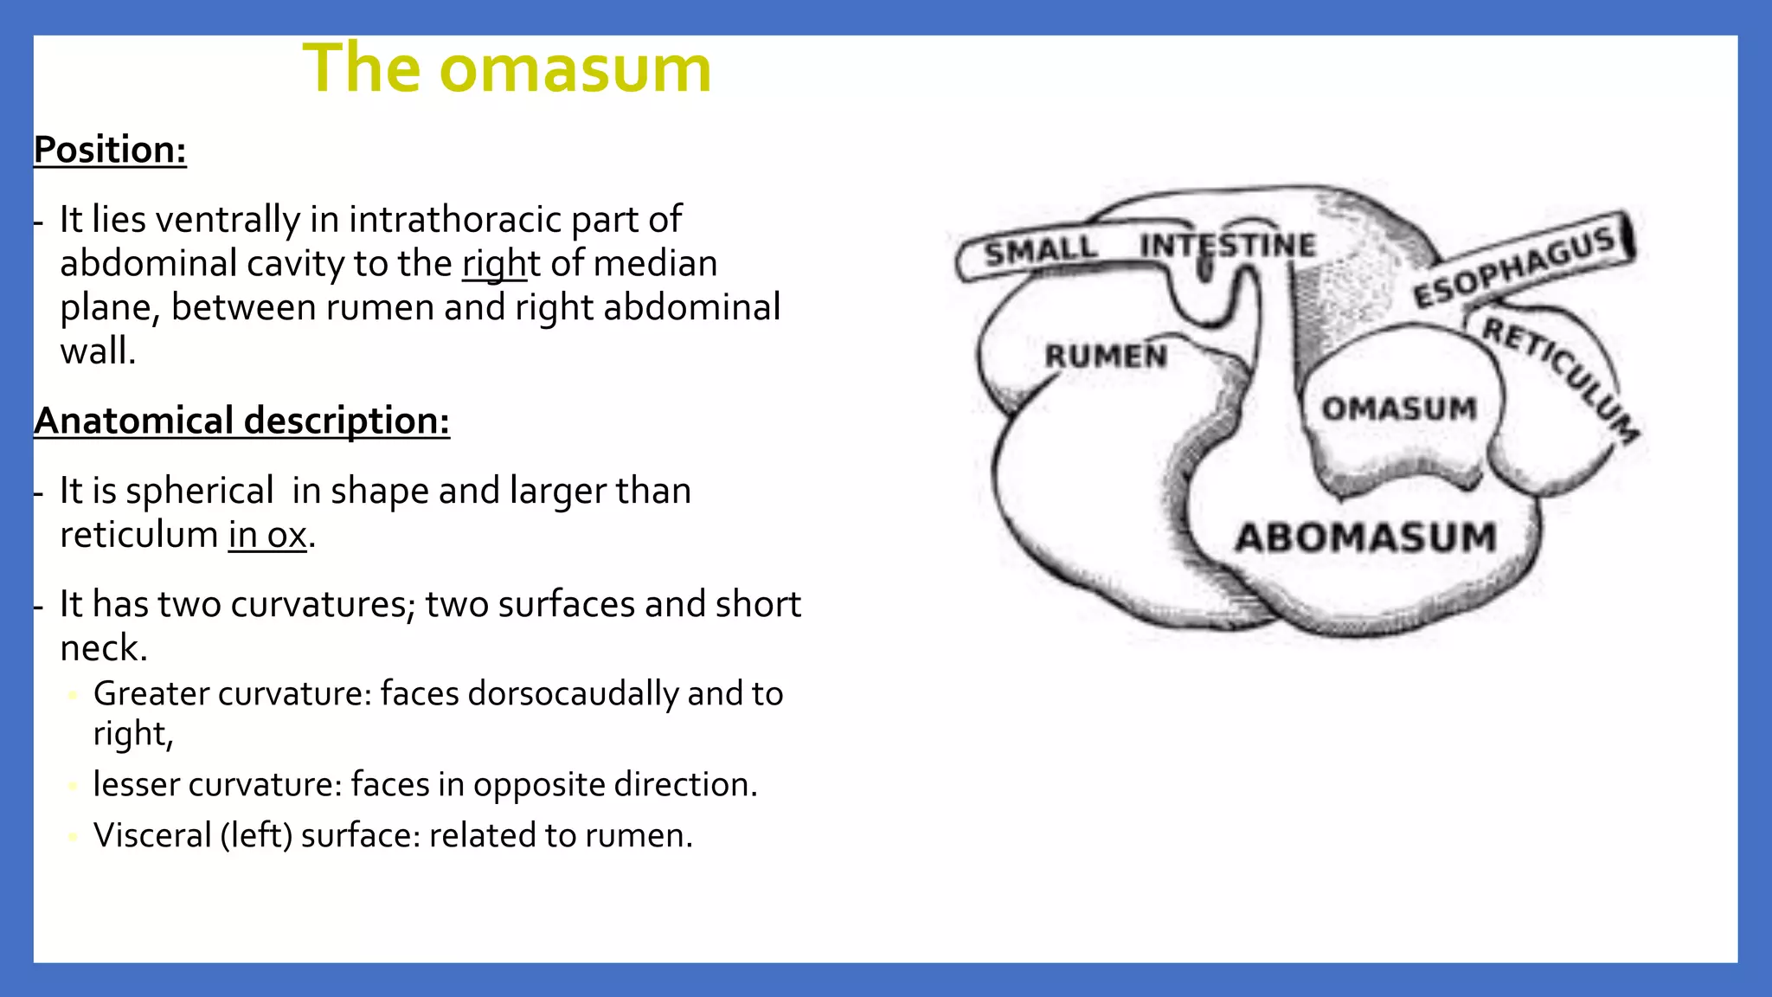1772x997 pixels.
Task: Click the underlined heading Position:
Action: click(x=110, y=150)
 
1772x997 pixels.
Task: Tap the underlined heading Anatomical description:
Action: click(x=241, y=421)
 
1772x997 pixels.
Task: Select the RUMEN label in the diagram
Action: click(x=1105, y=356)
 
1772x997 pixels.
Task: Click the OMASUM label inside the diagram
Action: click(x=1398, y=408)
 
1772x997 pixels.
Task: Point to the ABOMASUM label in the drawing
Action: click(x=1365, y=537)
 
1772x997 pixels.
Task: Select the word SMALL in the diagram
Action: click(x=1040, y=252)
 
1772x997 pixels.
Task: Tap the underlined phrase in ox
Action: click(x=267, y=535)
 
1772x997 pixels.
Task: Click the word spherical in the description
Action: click(x=199, y=491)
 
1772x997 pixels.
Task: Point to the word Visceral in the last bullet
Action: click(x=152, y=835)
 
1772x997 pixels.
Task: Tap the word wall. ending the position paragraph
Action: click(x=98, y=351)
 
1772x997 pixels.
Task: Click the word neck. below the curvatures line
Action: click(x=103, y=648)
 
